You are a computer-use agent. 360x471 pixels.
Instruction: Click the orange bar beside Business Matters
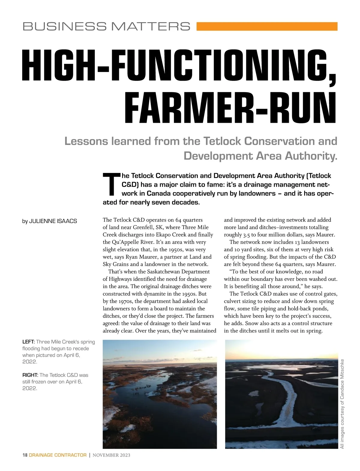pos(267,26)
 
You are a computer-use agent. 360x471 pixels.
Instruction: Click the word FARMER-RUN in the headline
pos(230,108)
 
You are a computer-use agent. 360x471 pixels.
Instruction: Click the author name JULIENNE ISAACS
pos(53,221)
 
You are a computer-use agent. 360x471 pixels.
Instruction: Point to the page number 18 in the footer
pos(25,455)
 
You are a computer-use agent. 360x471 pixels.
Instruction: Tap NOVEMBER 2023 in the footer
pos(111,455)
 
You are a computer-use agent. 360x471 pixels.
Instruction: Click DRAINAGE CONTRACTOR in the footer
pos(58,455)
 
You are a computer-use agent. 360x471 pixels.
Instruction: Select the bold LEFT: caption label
pos(28,342)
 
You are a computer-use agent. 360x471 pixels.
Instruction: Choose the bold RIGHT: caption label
pos(30,375)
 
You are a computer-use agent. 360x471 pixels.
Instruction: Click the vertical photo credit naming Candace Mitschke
pos(342,404)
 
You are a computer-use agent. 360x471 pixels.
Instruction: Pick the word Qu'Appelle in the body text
pos(125,242)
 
